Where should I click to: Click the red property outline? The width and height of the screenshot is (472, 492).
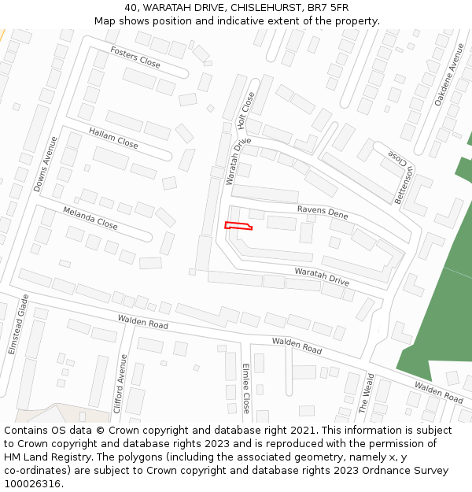click(x=238, y=227)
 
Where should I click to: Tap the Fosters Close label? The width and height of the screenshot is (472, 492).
click(x=135, y=57)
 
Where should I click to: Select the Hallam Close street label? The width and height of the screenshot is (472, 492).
click(x=113, y=138)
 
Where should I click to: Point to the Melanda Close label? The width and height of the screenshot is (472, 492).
click(x=90, y=219)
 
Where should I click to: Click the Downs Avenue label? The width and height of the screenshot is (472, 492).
click(x=45, y=165)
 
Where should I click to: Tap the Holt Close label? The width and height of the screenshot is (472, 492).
click(x=246, y=110)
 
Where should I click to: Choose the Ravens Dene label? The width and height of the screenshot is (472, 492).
click(x=323, y=212)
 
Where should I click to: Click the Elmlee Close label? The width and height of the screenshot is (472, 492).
click(x=245, y=388)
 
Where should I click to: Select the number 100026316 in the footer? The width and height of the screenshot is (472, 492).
click(x=32, y=484)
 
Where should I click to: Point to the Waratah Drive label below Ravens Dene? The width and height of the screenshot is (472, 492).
click(x=322, y=276)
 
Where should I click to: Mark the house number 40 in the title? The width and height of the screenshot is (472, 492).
click(x=131, y=7)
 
